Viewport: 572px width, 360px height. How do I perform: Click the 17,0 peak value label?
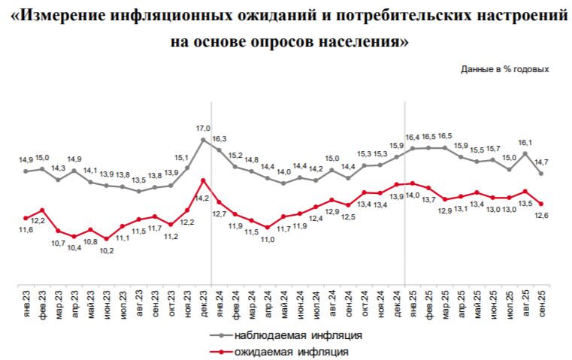[203, 129]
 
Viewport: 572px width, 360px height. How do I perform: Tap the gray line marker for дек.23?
[203, 140]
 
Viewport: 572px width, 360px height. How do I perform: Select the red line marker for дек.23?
[203, 180]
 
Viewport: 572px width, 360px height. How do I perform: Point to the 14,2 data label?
[201, 198]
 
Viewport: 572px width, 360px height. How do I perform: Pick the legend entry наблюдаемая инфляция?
[298, 334]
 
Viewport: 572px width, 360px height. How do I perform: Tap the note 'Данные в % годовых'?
[505, 68]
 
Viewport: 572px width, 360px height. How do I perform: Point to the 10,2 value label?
[107, 250]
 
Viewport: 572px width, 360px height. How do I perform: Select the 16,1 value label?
[525, 142]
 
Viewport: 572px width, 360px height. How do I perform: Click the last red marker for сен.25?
[541, 204]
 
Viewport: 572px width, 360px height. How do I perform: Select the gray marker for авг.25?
[525, 153]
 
